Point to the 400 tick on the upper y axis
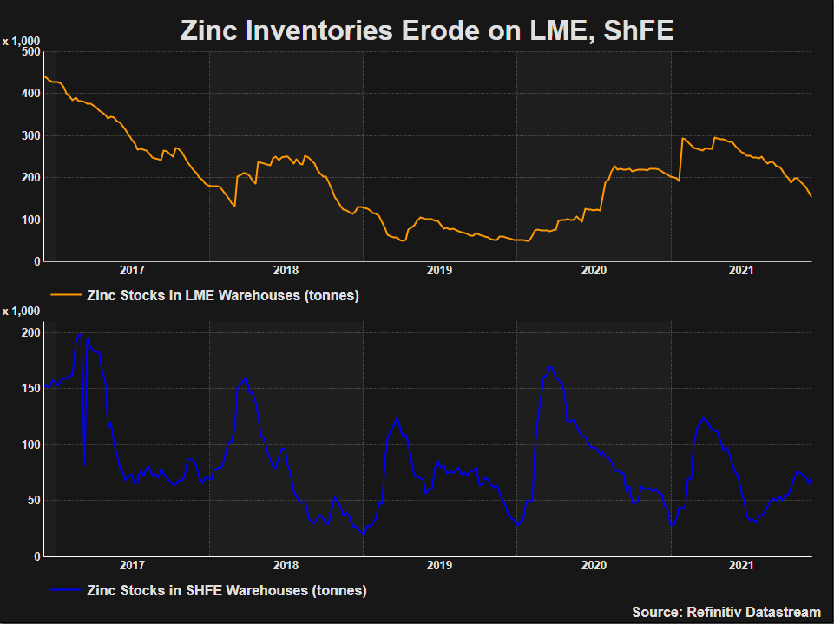coord(30,93)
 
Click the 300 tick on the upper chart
coord(30,135)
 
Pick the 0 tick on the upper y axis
coord(36,261)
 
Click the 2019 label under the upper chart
coord(440,271)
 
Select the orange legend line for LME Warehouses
coord(65,295)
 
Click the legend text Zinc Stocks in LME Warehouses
coord(223,295)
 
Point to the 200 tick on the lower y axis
coord(30,333)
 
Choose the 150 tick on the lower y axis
coord(30,389)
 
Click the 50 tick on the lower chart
coord(33,501)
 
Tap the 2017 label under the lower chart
coord(133,566)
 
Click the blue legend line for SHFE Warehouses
coord(65,590)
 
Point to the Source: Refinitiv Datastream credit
coord(726,612)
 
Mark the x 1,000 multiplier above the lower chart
coord(21,311)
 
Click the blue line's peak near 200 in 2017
coord(80,335)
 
